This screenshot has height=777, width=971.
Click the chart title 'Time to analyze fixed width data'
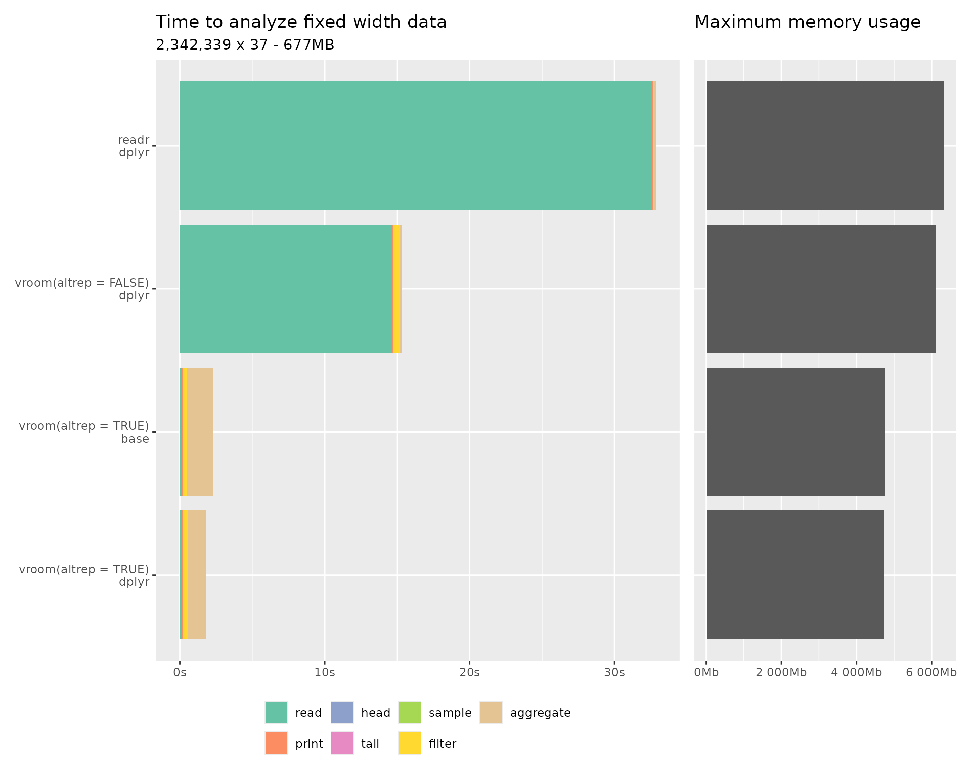tap(301, 22)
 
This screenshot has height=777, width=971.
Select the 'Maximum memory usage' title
tap(807, 22)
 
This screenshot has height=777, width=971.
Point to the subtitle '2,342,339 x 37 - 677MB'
tap(245, 45)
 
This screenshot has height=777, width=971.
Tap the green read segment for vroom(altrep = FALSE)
tap(286, 289)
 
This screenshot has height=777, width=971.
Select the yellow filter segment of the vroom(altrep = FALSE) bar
tap(397, 289)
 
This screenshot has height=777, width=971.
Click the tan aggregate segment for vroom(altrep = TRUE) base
tap(200, 432)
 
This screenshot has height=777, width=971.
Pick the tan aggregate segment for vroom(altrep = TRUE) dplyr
tap(197, 575)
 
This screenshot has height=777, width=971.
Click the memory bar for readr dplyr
tap(825, 146)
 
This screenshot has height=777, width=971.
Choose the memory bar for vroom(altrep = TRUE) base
tap(795, 432)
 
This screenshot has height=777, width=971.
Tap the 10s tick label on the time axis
tap(325, 673)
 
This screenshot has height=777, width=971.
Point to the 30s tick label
tap(614, 673)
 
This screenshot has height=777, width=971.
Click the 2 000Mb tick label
tap(781, 673)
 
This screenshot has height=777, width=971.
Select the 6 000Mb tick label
tap(931, 673)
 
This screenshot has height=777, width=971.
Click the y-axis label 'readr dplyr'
tap(134, 146)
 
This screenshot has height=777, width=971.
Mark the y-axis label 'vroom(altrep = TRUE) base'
tap(84, 432)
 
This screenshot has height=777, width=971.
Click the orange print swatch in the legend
tap(276, 743)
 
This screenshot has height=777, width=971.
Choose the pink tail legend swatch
tap(342, 743)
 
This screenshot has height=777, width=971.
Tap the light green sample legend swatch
tap(410, 712)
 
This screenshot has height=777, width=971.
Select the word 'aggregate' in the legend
tap(540, 713)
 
